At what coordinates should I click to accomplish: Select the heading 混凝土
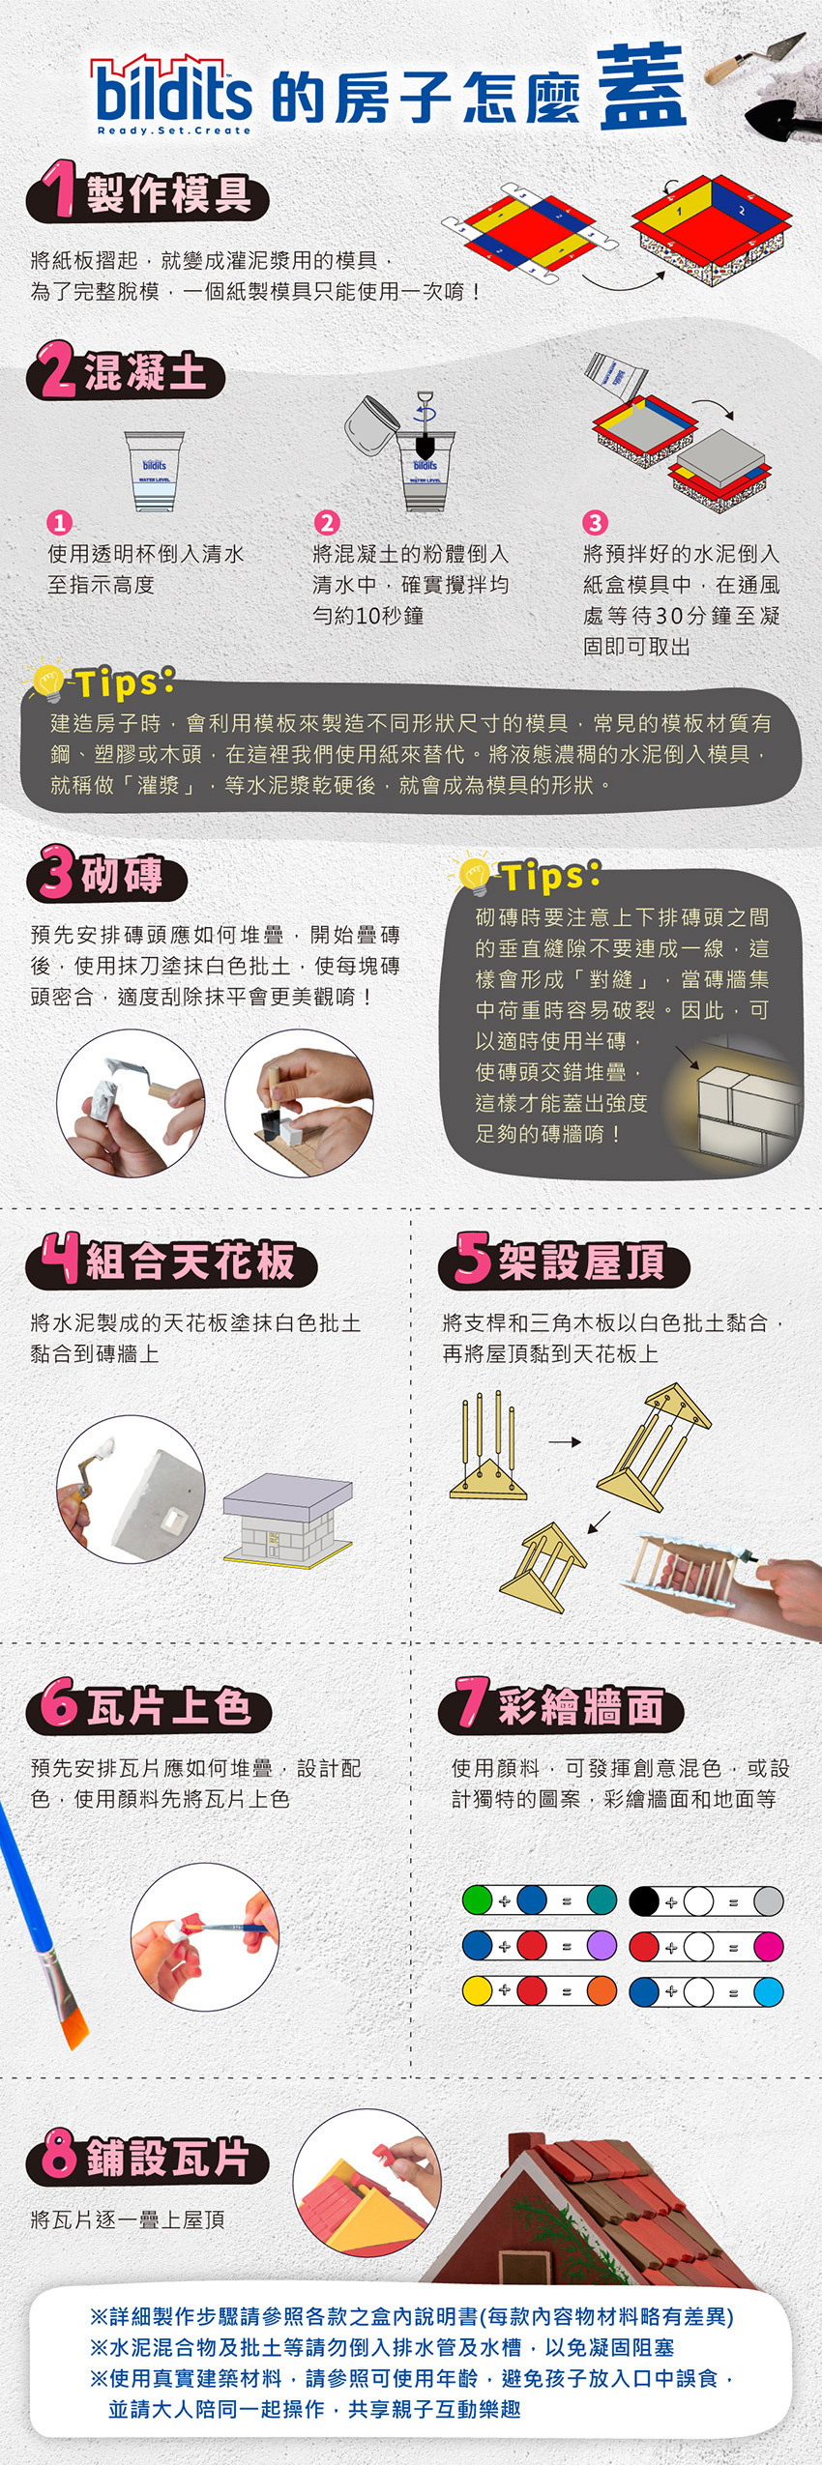(145, 373)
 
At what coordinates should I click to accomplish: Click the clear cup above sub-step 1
(154, 470)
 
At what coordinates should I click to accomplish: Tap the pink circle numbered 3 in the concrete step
(594, 523)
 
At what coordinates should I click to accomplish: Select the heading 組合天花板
(190, 1261)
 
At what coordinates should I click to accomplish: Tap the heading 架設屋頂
(580, 1261)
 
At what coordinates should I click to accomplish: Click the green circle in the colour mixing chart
(477, 1899)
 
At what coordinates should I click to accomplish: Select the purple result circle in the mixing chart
(601, 1945)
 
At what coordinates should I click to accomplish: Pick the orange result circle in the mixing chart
(601, 1990)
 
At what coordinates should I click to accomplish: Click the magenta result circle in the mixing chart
(768, 1945)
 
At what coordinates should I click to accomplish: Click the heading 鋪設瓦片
(166, 2157)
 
